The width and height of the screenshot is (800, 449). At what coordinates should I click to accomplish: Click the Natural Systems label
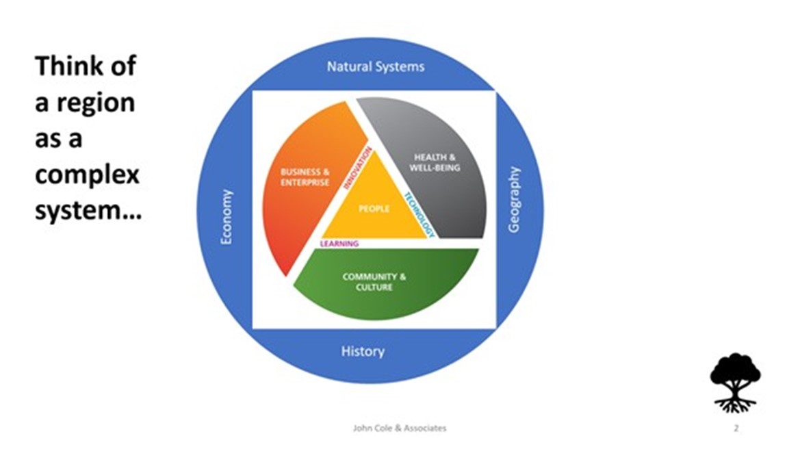coord(375,66)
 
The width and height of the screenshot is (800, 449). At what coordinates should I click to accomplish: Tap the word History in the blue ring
coord(363,351)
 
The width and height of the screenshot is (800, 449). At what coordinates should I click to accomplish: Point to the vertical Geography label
coord(515,198)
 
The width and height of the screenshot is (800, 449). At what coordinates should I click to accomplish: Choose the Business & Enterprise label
coord(305,177)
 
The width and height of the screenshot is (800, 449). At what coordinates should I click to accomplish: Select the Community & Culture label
coord(374,282)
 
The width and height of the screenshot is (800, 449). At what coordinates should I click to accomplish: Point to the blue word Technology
coord(419,215)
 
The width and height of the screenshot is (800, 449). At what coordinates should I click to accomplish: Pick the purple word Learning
coord(340,243)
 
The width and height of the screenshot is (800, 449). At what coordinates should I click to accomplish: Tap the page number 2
coord(736,428)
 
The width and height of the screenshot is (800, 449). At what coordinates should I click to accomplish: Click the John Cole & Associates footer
coord(399,428)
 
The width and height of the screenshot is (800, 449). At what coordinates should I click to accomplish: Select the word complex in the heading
coord(87,175)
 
